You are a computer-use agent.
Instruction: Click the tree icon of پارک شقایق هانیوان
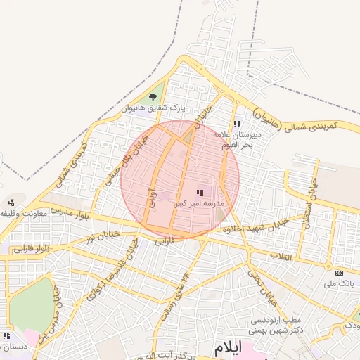pos(153,97)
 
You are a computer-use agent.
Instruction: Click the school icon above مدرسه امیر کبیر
pos(200,192)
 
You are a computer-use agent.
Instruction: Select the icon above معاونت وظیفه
pos(11,202)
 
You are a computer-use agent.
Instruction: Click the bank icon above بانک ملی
pos(340,273)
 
